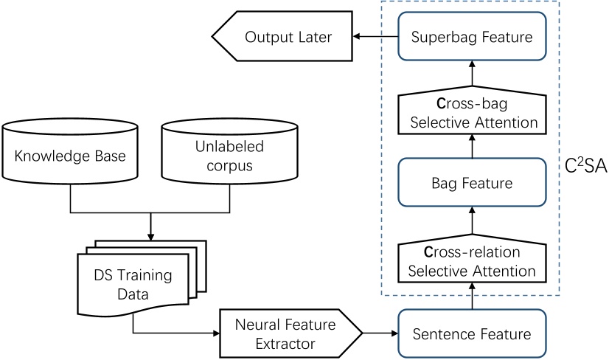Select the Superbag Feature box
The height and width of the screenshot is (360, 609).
472,37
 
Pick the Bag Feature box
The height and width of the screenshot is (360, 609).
472,181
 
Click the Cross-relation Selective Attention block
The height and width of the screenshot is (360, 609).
472,261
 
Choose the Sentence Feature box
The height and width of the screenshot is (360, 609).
472,333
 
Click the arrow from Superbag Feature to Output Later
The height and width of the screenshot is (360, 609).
374,37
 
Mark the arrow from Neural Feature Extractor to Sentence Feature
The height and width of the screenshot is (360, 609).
380,333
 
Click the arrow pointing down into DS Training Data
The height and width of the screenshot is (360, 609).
150,225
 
